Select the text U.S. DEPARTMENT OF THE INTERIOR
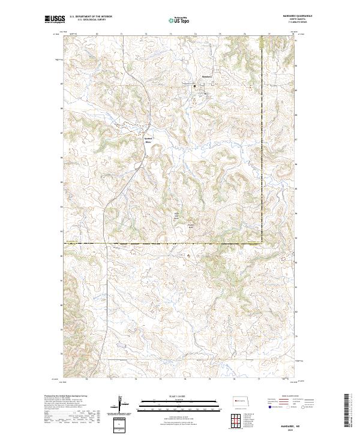pyautogui.click(x=91, y=17)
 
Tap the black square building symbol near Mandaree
pyautogui.click(x=194, y=87)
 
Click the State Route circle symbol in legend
pyautogui.click(x=295, y=407)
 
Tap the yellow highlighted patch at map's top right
pyautogui.click(x=262, y=42)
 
